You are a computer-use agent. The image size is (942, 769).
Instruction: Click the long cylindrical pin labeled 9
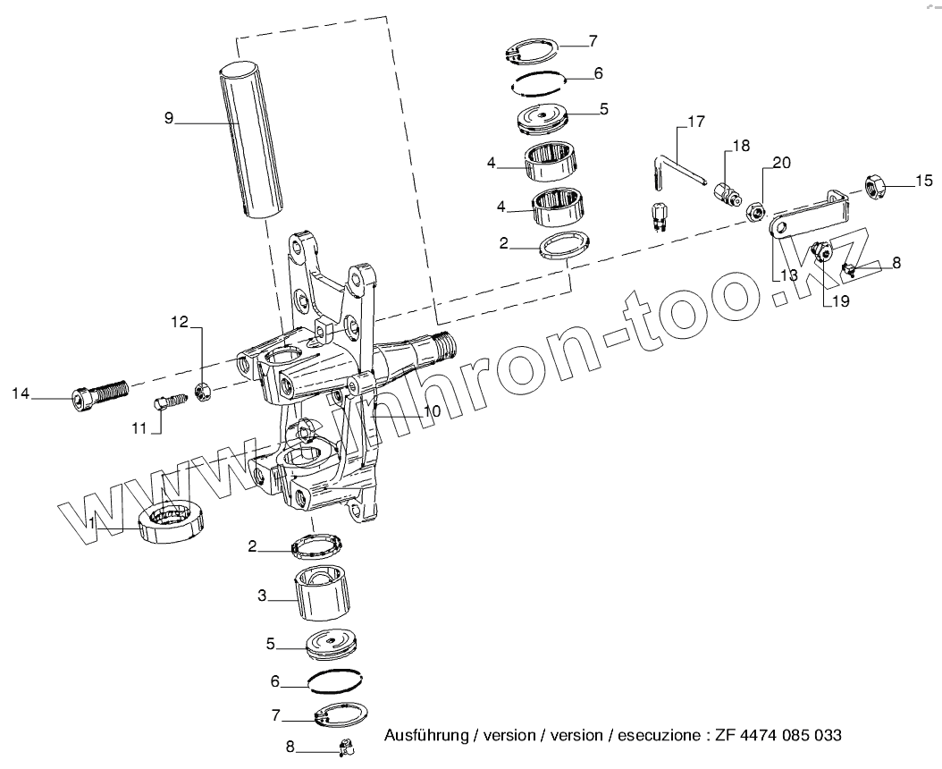[253, 140]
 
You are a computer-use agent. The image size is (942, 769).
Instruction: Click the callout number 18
[741, 146]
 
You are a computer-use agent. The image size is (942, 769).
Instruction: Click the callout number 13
[786, 275]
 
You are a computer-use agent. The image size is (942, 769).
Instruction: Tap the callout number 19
[839, 301]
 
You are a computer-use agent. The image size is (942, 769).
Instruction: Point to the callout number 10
[432, 410]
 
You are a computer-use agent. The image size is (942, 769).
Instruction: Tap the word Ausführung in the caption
[426, 736]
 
